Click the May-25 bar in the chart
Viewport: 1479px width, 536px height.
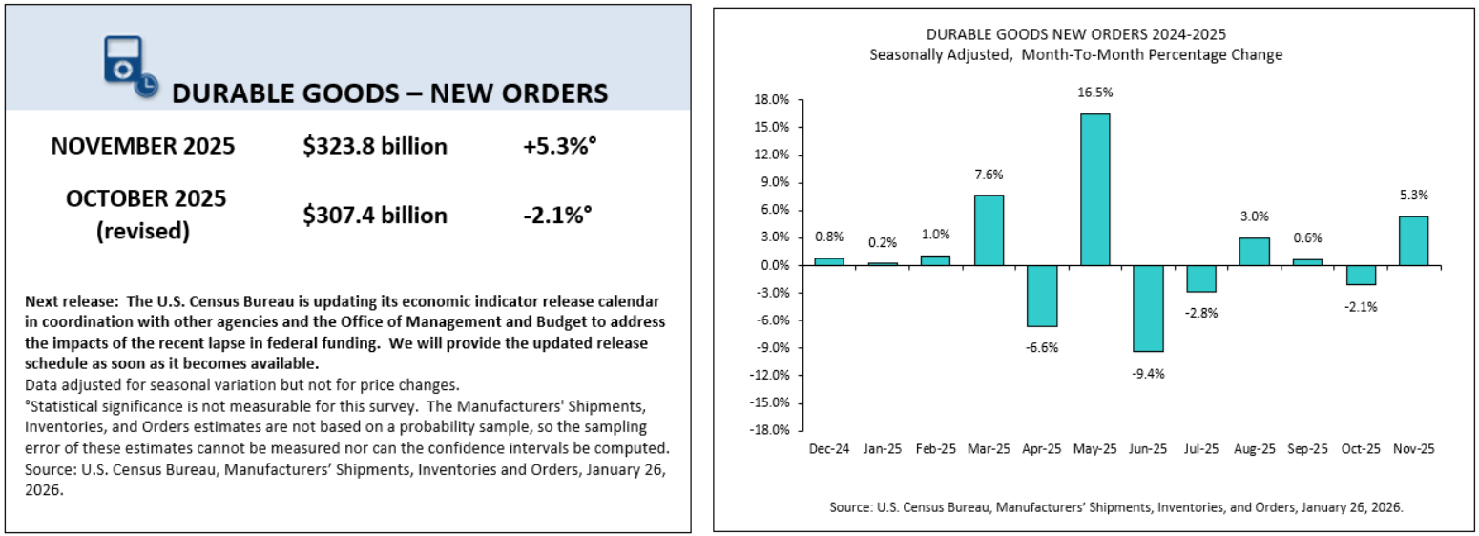[x=1094, y=189]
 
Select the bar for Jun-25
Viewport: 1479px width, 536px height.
[x=1148, y=308]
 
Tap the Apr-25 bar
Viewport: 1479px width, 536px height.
[x=1042, y=296]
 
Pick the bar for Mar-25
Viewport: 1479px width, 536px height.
[x=989, y=230]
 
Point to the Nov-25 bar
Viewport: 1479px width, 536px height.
[x=1413, y=240]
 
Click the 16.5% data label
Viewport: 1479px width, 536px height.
[x=1094, y=93]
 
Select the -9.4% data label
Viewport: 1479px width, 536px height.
[x=1149, y=373]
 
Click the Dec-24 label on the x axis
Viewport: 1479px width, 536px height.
[x=829, y=447]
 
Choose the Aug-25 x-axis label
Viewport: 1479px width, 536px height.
[x=1254, y=447]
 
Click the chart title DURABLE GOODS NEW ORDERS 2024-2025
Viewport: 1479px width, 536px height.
[x=1075, y=36]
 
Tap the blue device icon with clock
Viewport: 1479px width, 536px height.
[x=127, y=67]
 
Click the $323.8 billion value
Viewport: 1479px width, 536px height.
[x=375, y=146]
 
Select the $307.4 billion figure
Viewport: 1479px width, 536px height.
[x=375, y=216]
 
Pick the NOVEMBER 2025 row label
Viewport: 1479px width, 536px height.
[x=143, y=146]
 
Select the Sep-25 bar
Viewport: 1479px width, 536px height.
[x=1307, y=262]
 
